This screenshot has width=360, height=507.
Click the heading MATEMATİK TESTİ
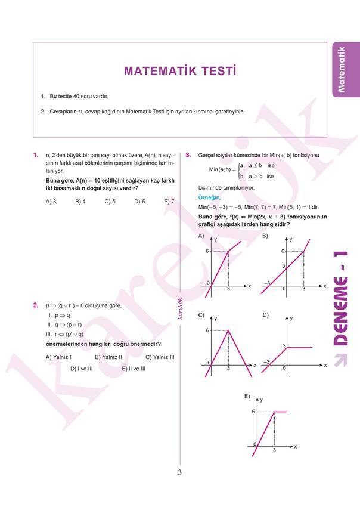point(179,71)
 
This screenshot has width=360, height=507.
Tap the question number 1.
point(36,156)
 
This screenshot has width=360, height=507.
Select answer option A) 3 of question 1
point(51,202)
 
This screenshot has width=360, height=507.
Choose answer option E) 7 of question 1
point(169,202)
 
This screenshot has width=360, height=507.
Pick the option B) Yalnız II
point(108,357)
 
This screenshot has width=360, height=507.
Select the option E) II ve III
point(134,369)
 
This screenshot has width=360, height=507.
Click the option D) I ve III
point(81,369)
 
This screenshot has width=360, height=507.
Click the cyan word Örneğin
point(209,197)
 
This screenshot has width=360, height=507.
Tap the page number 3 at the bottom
point(179,473)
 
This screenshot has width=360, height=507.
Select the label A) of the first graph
point(201,236)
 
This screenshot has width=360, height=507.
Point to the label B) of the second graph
point(265,236)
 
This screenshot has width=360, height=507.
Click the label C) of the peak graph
point(201,314)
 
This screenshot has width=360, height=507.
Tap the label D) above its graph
point(265,314)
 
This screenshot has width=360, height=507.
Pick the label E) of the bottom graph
point(247,396)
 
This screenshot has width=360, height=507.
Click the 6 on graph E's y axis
point(253,412)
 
